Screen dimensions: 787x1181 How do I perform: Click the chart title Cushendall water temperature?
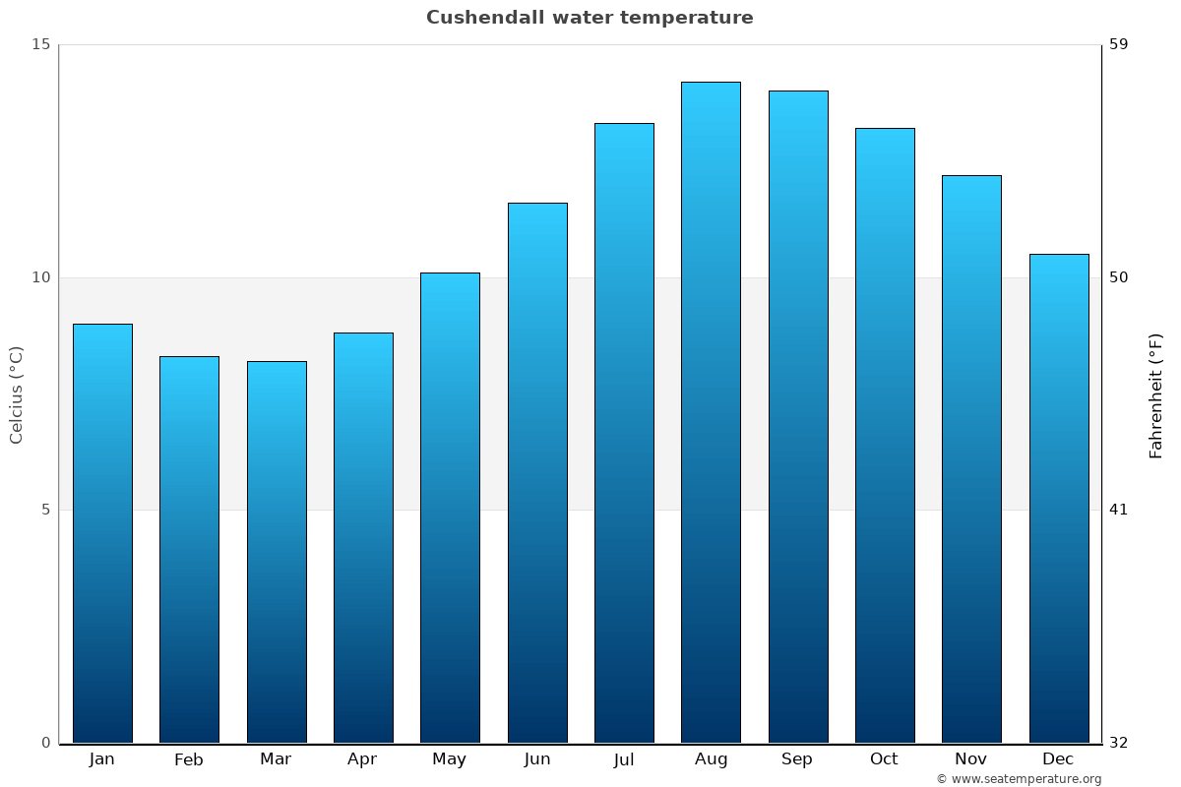pyautogui.click(x=590, y=18)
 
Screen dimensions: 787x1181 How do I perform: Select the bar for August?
pyautogui.click(x=711, y=412)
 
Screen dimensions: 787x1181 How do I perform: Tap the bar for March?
pyautogui.click(x=277, y=552)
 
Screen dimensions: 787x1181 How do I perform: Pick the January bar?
pyautogui.click(x=102, y=533)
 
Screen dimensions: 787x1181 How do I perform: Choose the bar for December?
pyautogui.click(x=1059, y=498)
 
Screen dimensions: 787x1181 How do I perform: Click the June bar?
pyautogui.click(x=537, y=472)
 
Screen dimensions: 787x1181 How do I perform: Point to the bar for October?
pyautogui.click(x=885, y=435)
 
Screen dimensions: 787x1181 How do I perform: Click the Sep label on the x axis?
pyautogui.click(x=797, y=759)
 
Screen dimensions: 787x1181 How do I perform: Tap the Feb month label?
pyautogui.click(x=189, y=759)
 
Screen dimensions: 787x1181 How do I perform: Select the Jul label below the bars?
pyautogui.click(x=624, y=759)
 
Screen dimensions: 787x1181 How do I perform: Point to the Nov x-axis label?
pyautogui.click(x=971, y=759)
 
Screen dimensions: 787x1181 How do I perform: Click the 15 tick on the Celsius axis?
pyautogui.click(x=40, y=44)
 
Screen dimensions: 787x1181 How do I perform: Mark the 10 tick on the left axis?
pyautogui.click(x=40, y=277)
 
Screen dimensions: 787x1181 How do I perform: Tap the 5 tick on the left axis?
pyautogui.click(x=45, y=510)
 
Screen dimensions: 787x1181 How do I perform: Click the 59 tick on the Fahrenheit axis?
pyautogui.click(x=1119, y=44)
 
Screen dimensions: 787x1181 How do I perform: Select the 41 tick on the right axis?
pyautogui.click(x=1119, y=510)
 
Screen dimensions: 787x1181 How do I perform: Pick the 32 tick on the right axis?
pyautogui.click(x=1119, y=743)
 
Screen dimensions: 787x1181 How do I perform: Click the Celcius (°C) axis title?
pyautogui.click(x=17, y=394)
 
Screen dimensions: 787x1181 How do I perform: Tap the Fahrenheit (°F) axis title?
pyautogui.click(x=1156, y=394)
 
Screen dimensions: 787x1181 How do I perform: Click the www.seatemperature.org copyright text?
pyautogui.click(x=1019, y=779)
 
